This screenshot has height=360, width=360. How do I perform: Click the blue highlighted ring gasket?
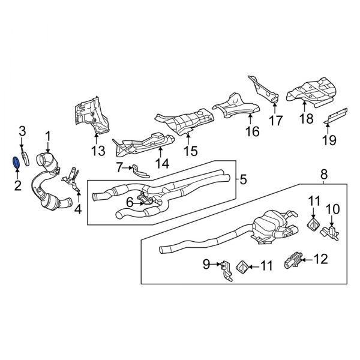coord(16,162)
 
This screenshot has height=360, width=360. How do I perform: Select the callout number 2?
coord(17,185)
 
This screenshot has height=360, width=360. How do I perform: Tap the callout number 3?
coord(22,130)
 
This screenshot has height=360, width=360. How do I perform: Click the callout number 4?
coord(77,209)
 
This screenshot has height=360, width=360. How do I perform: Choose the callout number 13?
coord(98,150)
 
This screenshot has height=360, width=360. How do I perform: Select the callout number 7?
coord(120,166)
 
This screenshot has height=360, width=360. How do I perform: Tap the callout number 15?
coord(191,149)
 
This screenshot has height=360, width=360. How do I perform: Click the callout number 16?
coord(252,130)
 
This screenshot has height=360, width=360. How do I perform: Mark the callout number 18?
coord(307,119)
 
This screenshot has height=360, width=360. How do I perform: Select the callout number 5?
coord(243,179)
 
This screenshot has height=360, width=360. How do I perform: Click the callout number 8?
coord(323,175)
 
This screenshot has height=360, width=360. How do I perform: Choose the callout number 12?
coord(322,259)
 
